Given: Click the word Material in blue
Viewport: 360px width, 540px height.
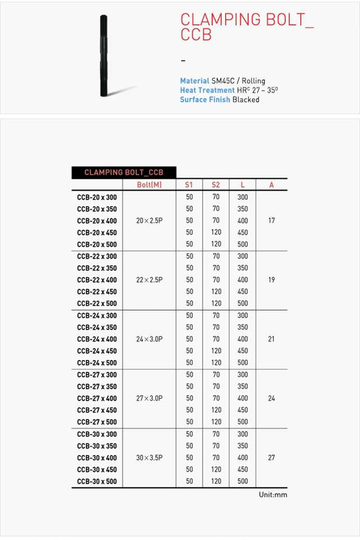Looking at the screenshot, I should [194, 81].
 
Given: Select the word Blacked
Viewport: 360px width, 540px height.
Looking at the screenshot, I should [246, 100].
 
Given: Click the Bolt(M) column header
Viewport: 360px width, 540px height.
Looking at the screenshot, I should [149, 185].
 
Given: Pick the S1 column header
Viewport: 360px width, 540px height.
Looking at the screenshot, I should [189, 185].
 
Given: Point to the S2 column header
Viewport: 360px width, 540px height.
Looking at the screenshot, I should [216, 185].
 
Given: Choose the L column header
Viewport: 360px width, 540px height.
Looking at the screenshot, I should [242, 185].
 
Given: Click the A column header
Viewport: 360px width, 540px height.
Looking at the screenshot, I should [271, 185].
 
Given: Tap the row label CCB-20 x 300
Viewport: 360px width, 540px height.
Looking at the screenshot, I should [97, 197].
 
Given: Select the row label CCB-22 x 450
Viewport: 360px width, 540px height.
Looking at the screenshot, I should [97, 292].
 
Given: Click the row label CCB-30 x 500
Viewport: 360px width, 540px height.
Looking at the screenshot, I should [97, 481].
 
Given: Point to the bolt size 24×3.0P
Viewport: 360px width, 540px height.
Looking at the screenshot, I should [149, 339].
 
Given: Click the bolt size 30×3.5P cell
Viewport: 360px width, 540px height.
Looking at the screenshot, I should [149, 458].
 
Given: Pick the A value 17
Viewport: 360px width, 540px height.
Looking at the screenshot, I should [271, 221].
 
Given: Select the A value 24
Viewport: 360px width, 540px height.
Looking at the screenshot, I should [271, 398].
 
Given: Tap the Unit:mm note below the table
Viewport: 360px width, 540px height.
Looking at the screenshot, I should [273, 495].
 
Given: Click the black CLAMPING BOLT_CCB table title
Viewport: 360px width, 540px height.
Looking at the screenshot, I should [124, 173].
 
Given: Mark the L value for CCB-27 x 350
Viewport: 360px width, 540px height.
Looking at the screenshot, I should [242, 386].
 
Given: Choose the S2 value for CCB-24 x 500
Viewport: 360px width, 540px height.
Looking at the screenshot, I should [216, 363].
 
